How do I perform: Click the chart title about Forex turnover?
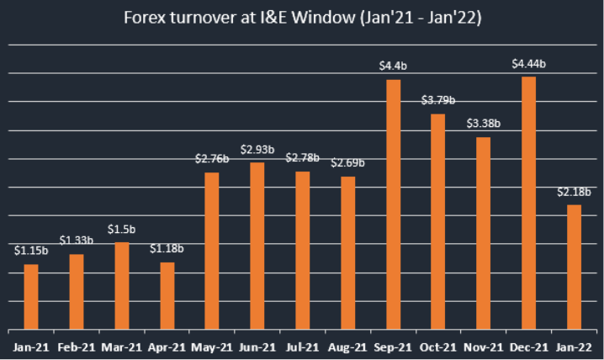click(302, 18)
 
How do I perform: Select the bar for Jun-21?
click(257, 245)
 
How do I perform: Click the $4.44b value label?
click(529, 63)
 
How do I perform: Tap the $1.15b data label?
click(31, 250)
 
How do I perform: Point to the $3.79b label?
click(438, 100)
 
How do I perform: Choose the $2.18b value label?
click(574, 192)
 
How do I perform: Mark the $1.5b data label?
click(122, 229)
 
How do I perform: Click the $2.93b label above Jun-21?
click(257, 149)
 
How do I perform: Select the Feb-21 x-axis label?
click(76, 347)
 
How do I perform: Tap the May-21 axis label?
click(212, 347)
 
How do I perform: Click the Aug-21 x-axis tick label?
click(347, 347)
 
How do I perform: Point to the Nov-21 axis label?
click(483, 347)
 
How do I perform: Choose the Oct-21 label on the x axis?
click(438, 347)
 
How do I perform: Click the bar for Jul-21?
click(302, 250)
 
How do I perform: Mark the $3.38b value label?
click(484, 123)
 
